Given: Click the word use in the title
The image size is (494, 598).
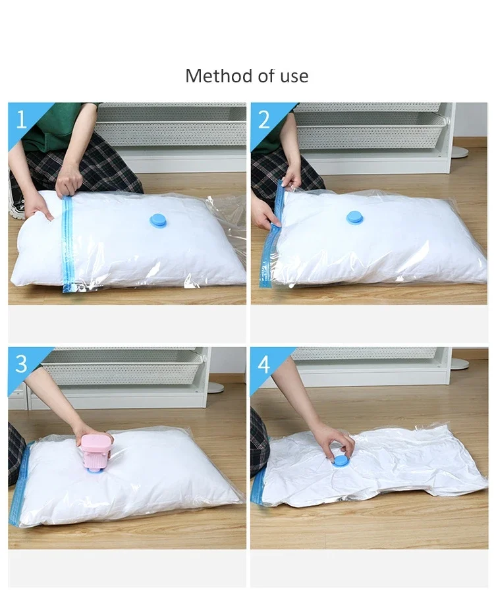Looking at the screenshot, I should [294, 77].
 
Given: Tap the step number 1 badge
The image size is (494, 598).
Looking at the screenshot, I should [21, 119].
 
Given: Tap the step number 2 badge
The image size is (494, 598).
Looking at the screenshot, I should [264, 119].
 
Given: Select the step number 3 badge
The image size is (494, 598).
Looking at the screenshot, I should [21, 364].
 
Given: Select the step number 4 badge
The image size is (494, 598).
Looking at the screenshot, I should [264, 364].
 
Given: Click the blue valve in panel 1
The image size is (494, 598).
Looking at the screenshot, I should [159, 220].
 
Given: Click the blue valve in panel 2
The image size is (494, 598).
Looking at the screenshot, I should [355, 217].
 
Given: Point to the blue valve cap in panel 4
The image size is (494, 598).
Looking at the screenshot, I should [341, 460].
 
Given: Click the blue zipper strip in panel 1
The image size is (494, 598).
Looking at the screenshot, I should [67, 244].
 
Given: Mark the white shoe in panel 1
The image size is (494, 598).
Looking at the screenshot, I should [15, 204].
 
